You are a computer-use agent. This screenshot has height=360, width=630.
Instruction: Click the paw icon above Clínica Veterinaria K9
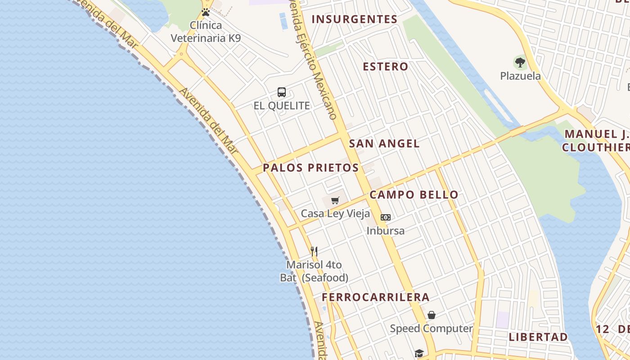(x=206, y=12)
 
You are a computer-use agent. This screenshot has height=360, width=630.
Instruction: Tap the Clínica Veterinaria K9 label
(x=206, y=31)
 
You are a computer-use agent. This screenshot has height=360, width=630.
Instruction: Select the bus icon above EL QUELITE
(x=282, y=92)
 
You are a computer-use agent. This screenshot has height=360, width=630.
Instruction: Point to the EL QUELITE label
(x=282, y=106)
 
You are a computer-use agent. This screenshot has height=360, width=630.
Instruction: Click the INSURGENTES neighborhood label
(x=355, y=19)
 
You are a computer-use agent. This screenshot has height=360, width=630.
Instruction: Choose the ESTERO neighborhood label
(x=386, y=67)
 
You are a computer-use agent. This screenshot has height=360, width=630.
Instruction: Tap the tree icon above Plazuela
(x=520, y=62)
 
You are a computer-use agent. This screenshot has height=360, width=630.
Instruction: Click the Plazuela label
(x=520, y=76)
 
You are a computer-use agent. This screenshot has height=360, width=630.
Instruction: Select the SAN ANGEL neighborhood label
(x=384, y=144)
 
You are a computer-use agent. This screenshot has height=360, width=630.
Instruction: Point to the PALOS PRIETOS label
(x=310, y=168)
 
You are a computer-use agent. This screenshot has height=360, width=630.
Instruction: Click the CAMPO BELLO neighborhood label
(x=414, y=195)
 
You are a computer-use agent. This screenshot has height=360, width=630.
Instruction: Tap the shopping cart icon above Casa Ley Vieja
(x=335, y=200)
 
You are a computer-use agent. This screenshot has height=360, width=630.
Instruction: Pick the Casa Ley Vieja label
(x=335, y=214)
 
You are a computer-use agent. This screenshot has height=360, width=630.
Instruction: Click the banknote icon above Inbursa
(x=386, y=217)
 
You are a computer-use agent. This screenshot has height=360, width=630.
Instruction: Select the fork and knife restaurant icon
(x=314, y=251)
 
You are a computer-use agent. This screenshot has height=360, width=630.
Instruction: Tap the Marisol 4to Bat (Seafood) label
(x=314, y=271)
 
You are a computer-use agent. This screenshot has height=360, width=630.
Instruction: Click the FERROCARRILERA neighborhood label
(x=375, y=297)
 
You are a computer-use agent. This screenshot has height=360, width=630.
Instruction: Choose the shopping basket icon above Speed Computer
(x=432, y=315)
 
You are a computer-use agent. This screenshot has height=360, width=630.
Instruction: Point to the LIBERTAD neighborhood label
(x=538, y=337)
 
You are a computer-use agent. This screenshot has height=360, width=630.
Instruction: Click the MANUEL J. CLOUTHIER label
(x=596, y=140)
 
